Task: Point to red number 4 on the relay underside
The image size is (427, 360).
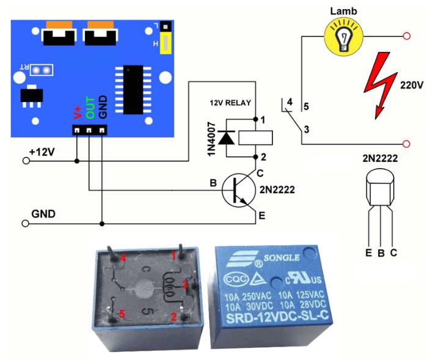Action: pos(123,259)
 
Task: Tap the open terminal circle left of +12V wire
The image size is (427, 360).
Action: pos(25,161)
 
